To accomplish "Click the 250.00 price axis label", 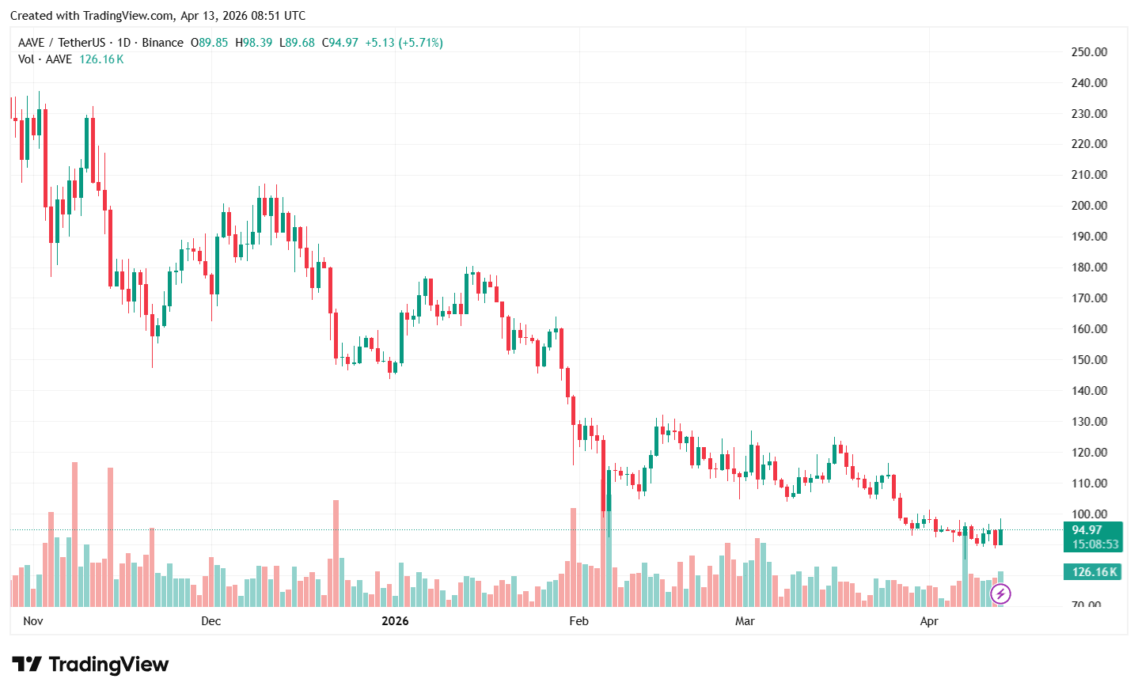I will tap(1089, 52).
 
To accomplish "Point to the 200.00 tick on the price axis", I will tap(1089, 206).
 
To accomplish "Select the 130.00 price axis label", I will tap(1089, 422).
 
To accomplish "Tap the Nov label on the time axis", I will tap(33, 621).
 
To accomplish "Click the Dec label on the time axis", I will tap(211, 621).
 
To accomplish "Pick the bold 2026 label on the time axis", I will tap(395, 621).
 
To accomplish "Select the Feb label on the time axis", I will tap(578, 621).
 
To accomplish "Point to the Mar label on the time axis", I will tap(745, 621).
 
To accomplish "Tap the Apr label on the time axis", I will tap(929, 621).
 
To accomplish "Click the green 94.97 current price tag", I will tap(1087, 530).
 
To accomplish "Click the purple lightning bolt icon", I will tap(1000, 594).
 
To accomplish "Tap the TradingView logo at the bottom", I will tap(91, 665).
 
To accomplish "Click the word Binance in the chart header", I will tap(162, 43).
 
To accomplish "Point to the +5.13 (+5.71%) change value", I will tap(404, 43).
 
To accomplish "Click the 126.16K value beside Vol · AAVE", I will tap(101, 59).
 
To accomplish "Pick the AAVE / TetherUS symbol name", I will tap(62, 43).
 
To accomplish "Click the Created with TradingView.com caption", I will tap(157, 16).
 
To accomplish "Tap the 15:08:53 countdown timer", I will tap(1095, 544).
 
